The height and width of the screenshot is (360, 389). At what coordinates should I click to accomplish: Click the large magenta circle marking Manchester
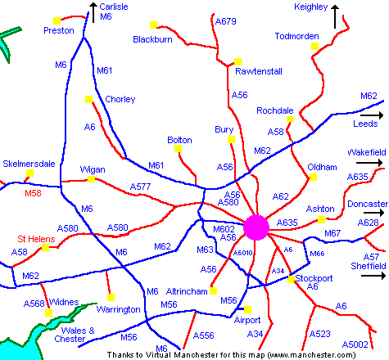click(256, 227)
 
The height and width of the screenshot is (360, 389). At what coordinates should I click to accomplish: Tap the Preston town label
click(58, 31)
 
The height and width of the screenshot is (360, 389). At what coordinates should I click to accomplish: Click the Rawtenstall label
click(258, 71)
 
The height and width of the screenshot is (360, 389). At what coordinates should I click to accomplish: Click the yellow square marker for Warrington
click(110, 297)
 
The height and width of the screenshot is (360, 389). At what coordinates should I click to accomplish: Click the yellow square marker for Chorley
click(88, 100)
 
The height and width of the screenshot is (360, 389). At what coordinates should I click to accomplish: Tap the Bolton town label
click(179, 141)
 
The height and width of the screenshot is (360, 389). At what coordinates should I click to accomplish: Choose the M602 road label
click(224, 230)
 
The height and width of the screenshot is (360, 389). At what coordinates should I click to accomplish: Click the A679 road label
click(225, 22)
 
